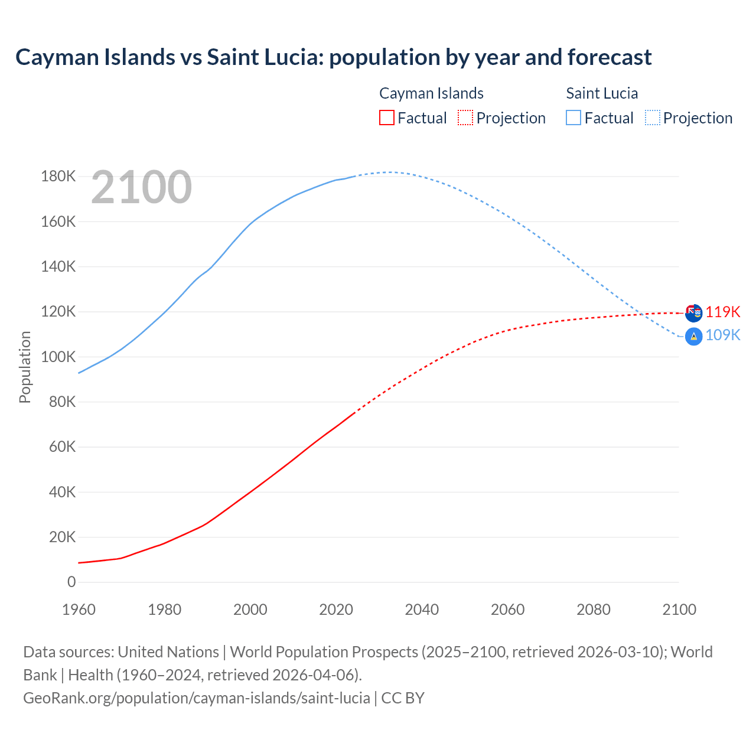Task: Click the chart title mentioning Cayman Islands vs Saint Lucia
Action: click(x=334, y=57)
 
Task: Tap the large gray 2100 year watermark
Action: click(x=141, y=187)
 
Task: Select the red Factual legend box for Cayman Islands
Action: click(x=387, y=118)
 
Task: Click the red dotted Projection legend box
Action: click(x=465, y=118)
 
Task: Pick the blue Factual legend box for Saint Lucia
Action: click(x=573, y=118)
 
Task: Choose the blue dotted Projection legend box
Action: click(x=653, y=118)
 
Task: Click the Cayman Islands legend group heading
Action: click(x=431, y=93)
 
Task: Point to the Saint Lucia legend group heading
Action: click(x=602, y=93)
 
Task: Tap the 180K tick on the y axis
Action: click(x=58, y=177)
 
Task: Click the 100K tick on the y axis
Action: click(x=58, y=357)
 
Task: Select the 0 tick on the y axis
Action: click(x=71, y=582)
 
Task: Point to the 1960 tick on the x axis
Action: click(x=79, y=610)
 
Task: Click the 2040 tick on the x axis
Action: click(x=422, y=610)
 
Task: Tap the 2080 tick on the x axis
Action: click(x=594, y=610)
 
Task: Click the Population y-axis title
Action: click(x=25, y=367)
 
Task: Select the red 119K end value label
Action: click(x=723, y=312)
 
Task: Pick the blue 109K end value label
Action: click(x=723, y=335)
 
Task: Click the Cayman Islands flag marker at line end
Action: click(x=693, y=312)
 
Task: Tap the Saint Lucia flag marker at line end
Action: click(x=693, y=337)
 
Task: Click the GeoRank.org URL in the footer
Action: click(x=197, y=698)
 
